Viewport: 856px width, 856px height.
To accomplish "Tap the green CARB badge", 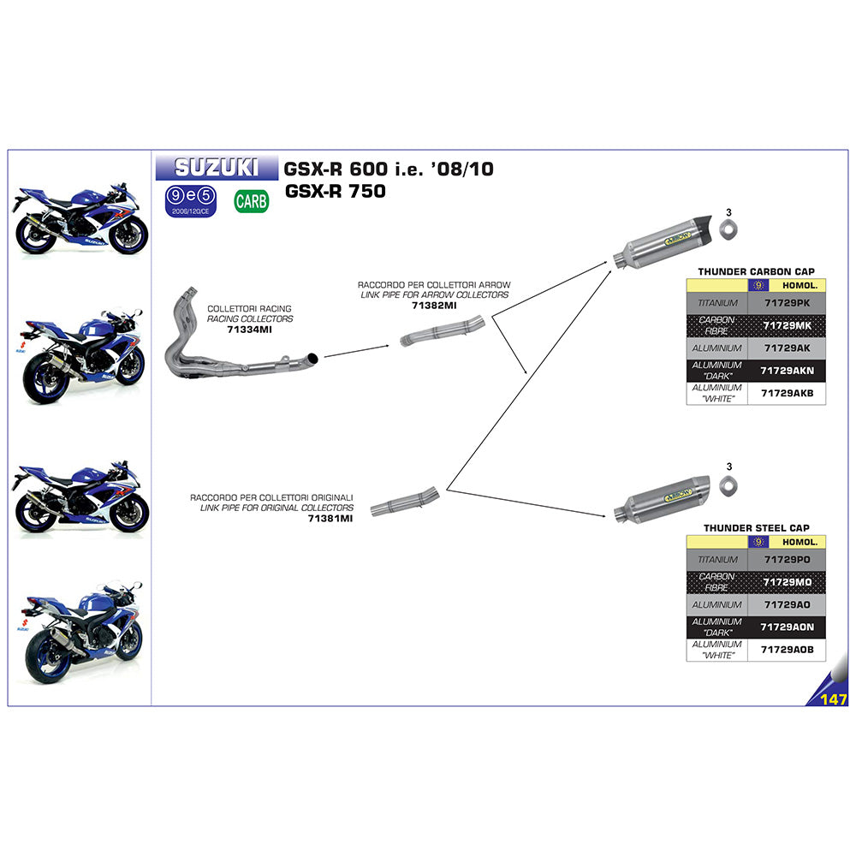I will [x=251, y=201].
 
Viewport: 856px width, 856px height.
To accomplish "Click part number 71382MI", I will [x=434, y=305].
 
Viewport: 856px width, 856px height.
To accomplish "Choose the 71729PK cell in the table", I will [x=787, y=303].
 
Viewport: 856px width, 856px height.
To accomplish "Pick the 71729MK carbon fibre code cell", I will [x=787, y=325].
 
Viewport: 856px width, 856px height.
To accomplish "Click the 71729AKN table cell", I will [x=787, y=370].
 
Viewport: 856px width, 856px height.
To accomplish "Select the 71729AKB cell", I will [x=787, y=393].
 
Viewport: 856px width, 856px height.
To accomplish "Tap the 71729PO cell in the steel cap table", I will [x=787, y=560].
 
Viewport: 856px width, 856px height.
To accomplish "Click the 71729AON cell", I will [x=787, y=627].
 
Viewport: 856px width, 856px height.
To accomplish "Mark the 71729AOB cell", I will [x=787, y=650].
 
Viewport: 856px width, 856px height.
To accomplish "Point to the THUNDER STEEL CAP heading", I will [x=756, y=528].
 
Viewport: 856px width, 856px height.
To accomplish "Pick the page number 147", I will [x=833, y=700].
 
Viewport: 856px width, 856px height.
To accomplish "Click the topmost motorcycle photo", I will [x=79, y=217].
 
